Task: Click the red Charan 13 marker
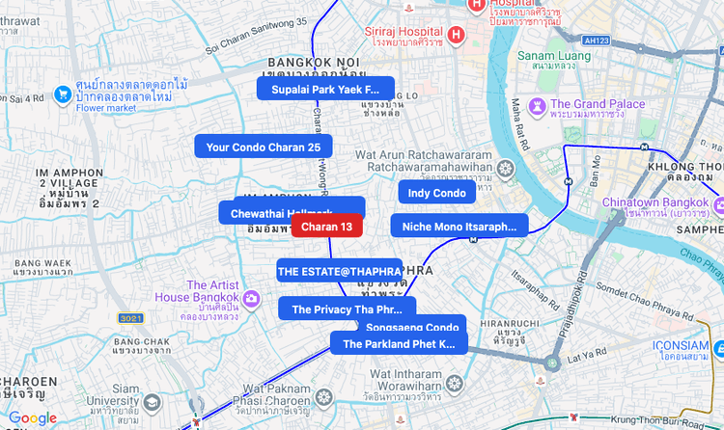click(326, 227)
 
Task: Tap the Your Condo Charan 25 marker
click(264, 147)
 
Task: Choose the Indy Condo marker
click(437, 193)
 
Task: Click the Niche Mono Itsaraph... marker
click(459, 227)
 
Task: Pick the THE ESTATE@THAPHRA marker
click(339, 272)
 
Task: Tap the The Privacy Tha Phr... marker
click(347, 309)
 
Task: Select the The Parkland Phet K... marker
click(399, 343)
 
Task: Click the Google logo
click(33, 418)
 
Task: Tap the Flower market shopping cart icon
click(63, 94)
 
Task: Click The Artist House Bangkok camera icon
click(252, 298)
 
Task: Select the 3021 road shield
click(130, 318)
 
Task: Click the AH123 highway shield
click(596, 40)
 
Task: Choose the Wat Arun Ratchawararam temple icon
click(505, 170)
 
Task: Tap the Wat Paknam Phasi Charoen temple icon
click(324, 396)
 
